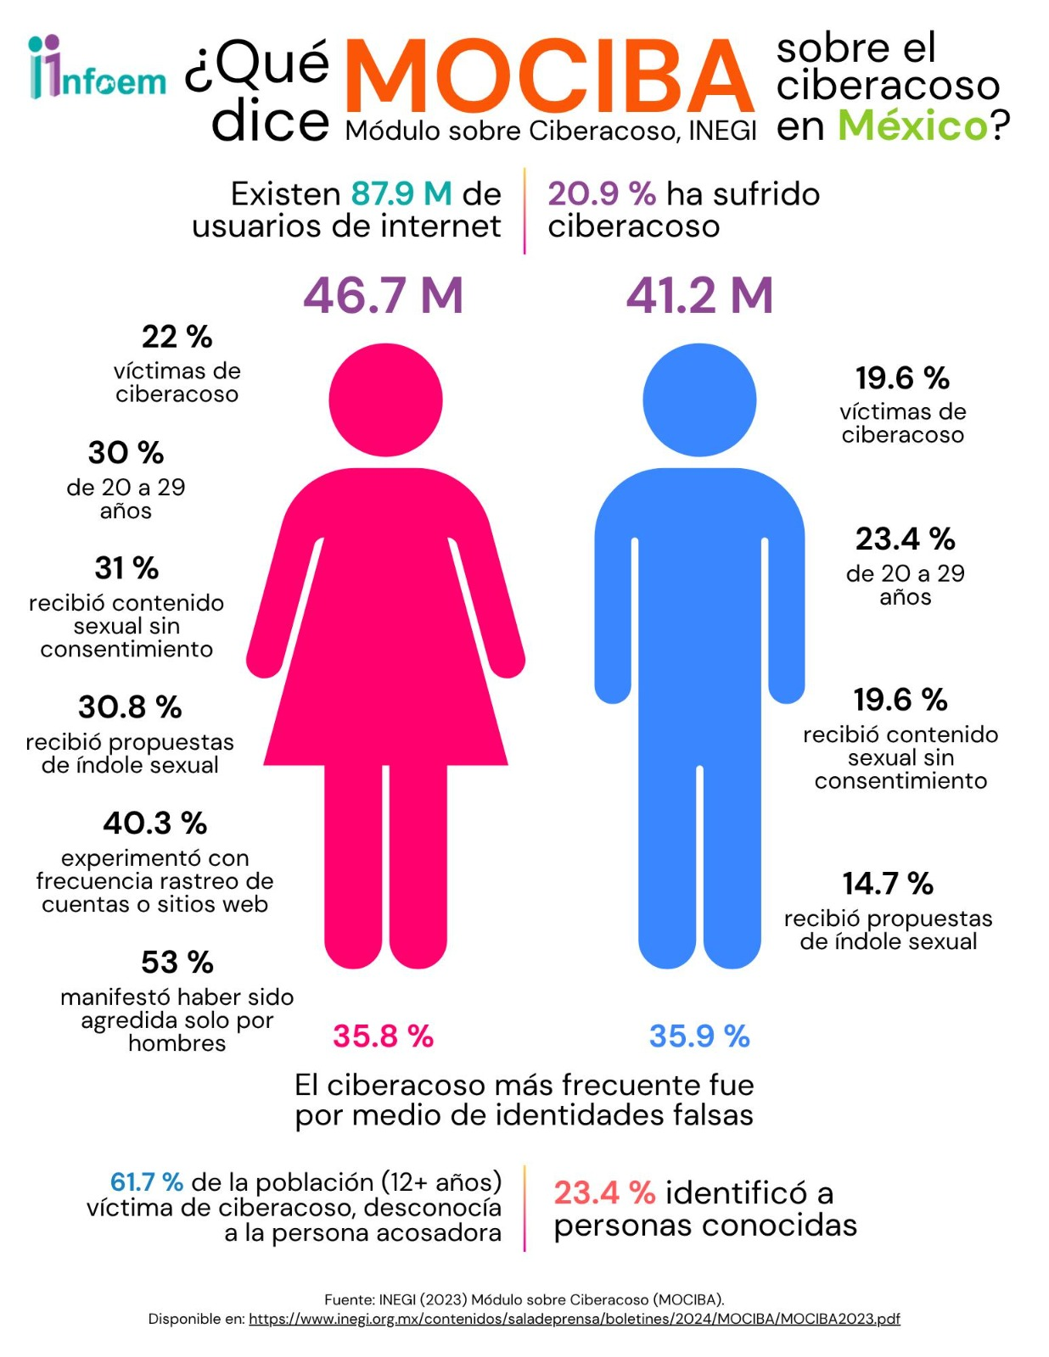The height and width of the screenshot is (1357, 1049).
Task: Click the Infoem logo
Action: (97, 68)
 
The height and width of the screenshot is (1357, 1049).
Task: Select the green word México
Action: (912, 126)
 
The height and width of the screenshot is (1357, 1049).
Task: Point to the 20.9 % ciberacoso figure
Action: (601, 194)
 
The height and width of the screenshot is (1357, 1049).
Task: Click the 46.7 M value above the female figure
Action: (384, 295)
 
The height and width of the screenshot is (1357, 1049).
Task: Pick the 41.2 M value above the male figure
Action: (699, 295)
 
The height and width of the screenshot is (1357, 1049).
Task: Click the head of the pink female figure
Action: (385, 399)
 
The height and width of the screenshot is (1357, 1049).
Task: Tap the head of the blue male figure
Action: (699, 399)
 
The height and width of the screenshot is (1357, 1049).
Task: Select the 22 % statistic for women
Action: (177, 337)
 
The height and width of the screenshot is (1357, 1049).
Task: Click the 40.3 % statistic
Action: (154, 823)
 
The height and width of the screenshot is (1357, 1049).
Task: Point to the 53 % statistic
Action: (177, 962)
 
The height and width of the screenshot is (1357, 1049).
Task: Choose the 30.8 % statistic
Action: (130, 706)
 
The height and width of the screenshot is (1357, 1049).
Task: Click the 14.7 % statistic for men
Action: (888, 883)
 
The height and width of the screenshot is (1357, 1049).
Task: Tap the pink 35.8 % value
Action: (383, 1036)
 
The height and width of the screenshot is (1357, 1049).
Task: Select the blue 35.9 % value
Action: (699, 1036)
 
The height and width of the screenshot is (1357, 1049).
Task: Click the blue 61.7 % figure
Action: (147, 1181)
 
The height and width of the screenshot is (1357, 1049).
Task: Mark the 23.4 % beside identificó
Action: (604, 1192)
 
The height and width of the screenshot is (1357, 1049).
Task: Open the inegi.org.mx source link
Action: (574, 1319)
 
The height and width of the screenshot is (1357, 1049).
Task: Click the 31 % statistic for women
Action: (126, 567)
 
